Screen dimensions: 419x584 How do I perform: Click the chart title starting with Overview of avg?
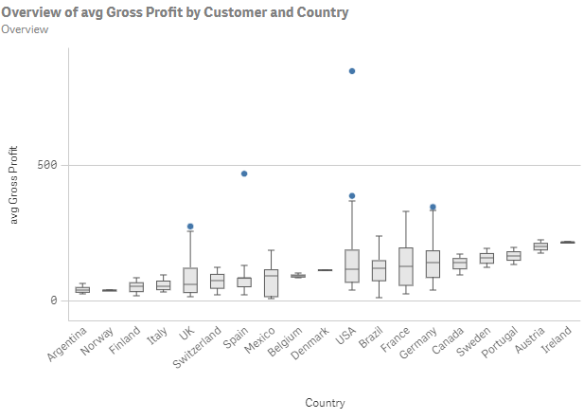pyautogui.click(x=175, y=12)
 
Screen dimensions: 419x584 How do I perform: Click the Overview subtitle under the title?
pyautogui.click(x=26, y=29)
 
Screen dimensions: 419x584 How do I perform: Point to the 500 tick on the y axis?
pyautogui.click(x=47, y=165)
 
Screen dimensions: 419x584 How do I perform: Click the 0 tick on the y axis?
pyautogui.click(x=54, y=301)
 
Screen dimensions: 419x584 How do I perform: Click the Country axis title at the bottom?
pyautogui.click(x=325, y=403)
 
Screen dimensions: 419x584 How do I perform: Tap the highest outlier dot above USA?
pyautogui.click(x=352, y=71)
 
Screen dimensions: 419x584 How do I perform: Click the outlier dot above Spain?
pyautogui.click(x=244, y=173)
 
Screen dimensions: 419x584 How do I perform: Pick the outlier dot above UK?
pyautogui.click(x=190, y=227)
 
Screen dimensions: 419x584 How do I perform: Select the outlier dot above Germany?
pyautogui.click(x=433, y=207)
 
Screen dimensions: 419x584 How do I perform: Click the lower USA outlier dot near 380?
pyautogui.click(x=352, y=196)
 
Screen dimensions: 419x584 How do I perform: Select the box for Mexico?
pyautogui.click(x=272, y=283)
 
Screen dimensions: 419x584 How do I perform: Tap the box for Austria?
pyautogui.click(x=540, y=246)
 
